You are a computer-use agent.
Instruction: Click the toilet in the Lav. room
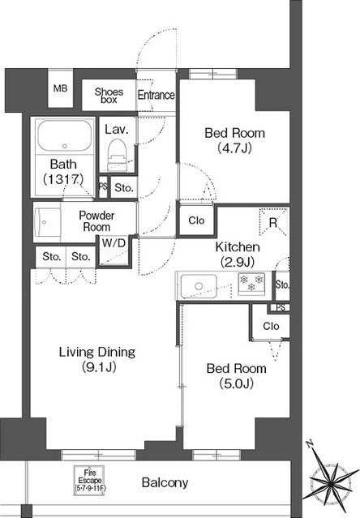click(x=117, y=155)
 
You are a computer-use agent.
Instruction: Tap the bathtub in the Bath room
click(x=64, y=135)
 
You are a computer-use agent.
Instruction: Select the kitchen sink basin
click(x=199, y=286)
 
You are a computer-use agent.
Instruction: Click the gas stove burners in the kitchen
click(x=251, y=284)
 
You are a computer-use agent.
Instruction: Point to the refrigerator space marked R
click(x=273, y=221)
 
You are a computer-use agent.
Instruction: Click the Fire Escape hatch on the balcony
click(x=89, y=481)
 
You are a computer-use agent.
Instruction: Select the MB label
click(x=61, y=88)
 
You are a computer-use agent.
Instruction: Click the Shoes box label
click(x=109, y=95)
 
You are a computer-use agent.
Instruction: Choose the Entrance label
click(x=156, y=95)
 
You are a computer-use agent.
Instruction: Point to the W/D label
click(x=114, y=243)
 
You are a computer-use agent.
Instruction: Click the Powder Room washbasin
click(x=47, y=222)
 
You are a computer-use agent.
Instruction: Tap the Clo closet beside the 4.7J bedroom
click(x=196, y=220)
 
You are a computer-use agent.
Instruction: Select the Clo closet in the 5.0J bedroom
click(x=271, y=326)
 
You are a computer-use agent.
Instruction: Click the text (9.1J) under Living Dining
click(x=99, y=367)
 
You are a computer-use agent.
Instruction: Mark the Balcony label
click(x=165, y=482)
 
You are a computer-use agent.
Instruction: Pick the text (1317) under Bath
click(x=63, y=179)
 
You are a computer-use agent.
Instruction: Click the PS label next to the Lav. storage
click(x=103, y=186)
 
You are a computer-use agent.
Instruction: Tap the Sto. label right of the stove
click(x=282, y=285)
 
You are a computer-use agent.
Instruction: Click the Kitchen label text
click(x=238, y=246)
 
